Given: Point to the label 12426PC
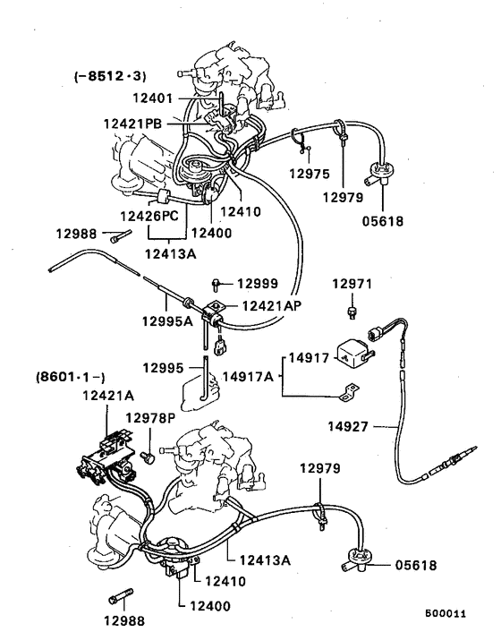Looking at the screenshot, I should (151, 216).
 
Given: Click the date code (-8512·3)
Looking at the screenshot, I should (110, 77).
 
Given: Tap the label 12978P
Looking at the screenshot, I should (149, 419).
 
